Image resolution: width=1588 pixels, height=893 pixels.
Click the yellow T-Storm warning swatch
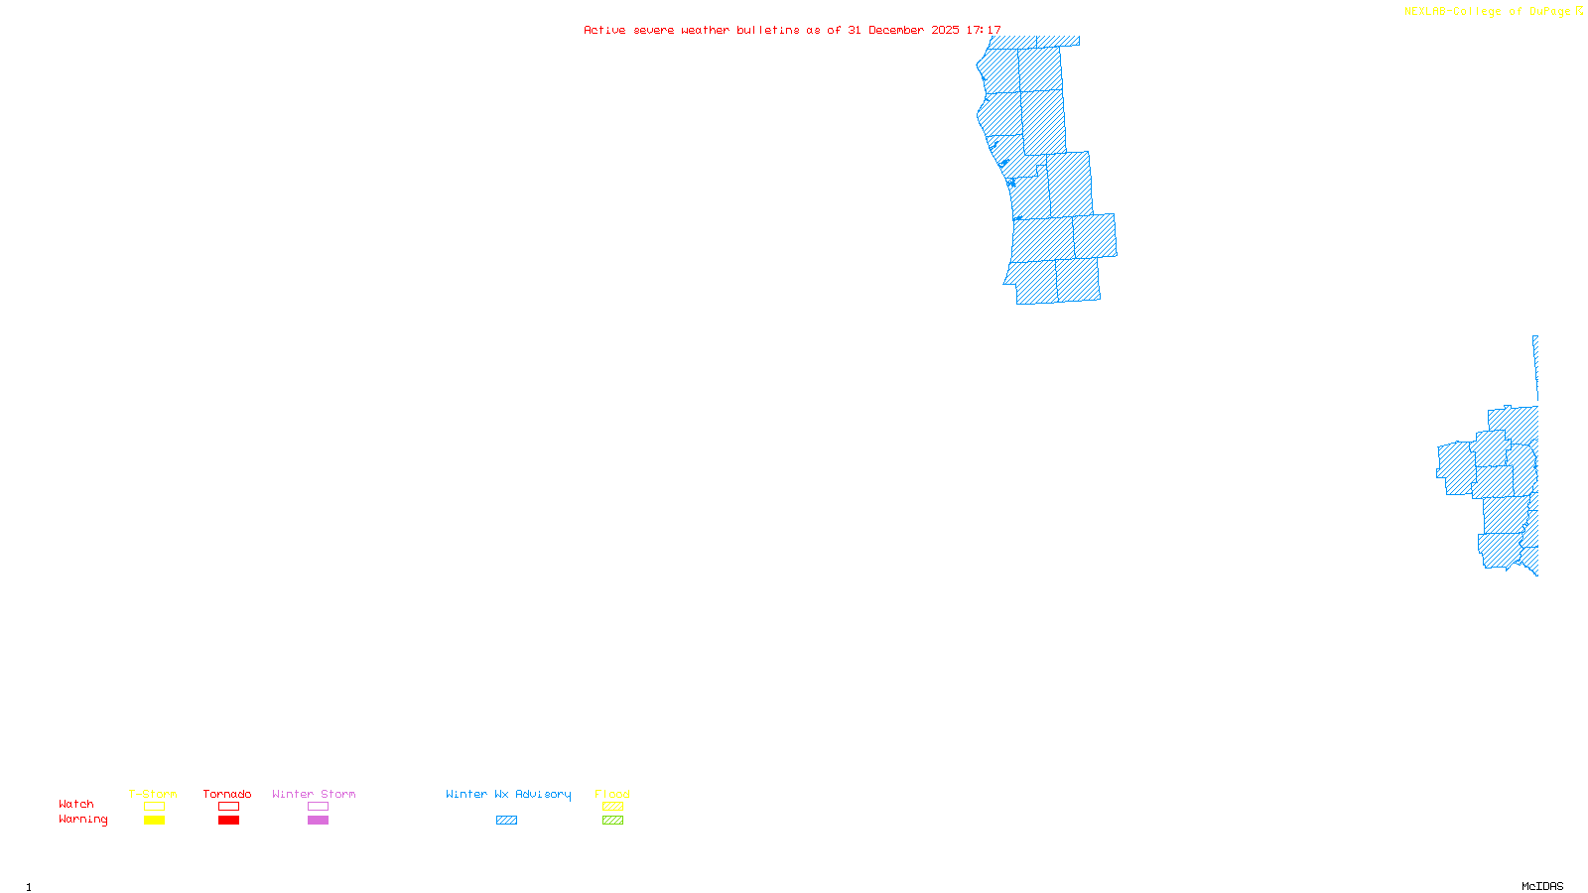(154, 821)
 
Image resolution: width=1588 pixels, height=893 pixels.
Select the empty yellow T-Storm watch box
(154, 807)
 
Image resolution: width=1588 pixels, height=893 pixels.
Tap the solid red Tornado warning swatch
(228, 821)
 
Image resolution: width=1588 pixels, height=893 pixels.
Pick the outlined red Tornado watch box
(228, 807)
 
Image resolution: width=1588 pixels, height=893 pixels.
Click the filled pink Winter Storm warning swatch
(318, 821)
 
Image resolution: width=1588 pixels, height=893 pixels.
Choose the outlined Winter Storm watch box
(318, 807)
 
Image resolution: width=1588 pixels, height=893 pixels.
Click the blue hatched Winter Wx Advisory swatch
(506, 821)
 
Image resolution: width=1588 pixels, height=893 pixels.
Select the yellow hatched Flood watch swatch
(612, 807)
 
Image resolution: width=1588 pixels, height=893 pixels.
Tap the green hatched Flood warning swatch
(612, 821)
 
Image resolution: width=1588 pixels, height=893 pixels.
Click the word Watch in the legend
(76, 805)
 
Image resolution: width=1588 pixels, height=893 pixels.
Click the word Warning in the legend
(83, 820)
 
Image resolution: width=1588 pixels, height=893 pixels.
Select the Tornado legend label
(227, 794)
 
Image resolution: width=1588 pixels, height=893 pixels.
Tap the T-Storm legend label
(153, 794)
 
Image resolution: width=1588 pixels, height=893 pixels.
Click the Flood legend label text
(612, 794)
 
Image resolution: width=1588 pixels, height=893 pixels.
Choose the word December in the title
(896, 30)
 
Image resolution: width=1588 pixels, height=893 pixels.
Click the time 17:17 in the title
(984, 30)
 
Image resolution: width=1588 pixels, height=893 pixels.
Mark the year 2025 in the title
(945, 30)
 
